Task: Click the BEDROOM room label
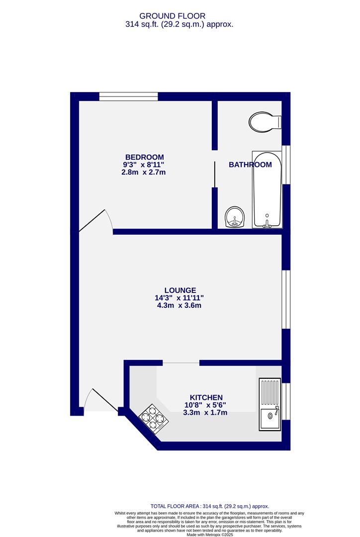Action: tap(144, 157)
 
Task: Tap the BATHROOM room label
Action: tap(250, 165)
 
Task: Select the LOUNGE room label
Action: tap(180, 290)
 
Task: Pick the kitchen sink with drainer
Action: tap(270, 405)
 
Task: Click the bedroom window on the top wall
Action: tap(128, 96)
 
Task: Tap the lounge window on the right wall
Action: tap(286, 299)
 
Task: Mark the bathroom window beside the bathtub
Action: tap(286, 165)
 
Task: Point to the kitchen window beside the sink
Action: tap(286, 401)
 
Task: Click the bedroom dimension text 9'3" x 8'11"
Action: tap(144, 165)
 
